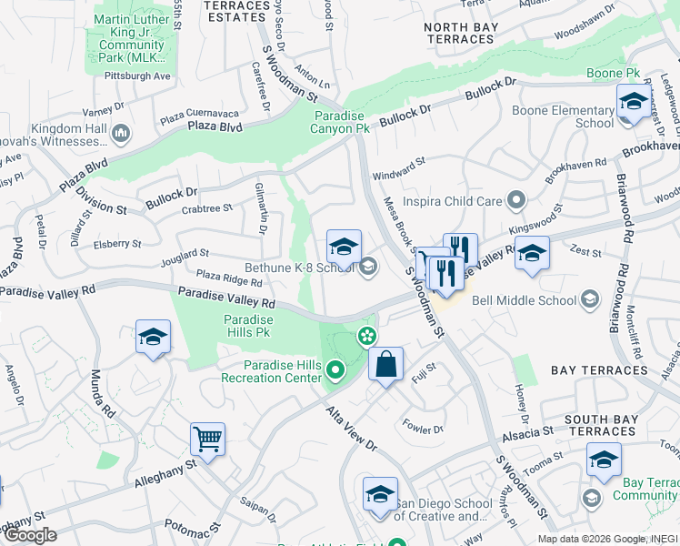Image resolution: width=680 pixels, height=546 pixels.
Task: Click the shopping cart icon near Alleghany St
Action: click(x=208, y=440)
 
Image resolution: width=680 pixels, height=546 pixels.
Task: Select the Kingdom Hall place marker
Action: click(x=120, y=136)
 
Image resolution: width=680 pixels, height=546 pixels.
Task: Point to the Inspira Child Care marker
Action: click(x=517, y=198)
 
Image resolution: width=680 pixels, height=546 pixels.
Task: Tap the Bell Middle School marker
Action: click(x=590, y=299)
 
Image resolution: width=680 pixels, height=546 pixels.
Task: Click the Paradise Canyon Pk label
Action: click(x=342, y=122)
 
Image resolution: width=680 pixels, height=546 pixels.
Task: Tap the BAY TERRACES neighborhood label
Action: click(x=599, y=370)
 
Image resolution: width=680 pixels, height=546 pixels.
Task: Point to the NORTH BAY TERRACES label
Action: click(x=459, y=33)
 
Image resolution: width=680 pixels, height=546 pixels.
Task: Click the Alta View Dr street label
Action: click(x=351, y=428)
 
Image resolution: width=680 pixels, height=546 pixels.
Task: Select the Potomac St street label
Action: click(x=192, y=527)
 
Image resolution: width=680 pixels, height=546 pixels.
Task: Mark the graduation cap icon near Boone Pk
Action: click(x=633, y=102)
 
